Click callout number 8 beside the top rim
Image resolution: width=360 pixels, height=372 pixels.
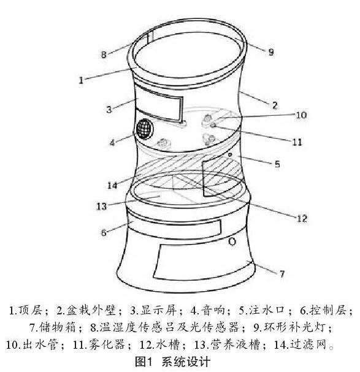pos(104,55)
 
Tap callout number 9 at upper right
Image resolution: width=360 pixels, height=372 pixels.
pos(271,52)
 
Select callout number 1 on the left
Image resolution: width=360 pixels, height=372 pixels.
pos(81,80)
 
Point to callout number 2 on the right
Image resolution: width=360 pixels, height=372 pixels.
pos(275,105)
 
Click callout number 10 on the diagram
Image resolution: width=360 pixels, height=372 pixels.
pos(301,115)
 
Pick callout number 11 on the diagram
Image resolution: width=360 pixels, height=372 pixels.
pos(297,142)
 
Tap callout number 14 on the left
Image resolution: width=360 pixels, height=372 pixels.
pos(112,185)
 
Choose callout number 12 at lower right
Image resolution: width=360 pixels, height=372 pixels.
pos(302,218)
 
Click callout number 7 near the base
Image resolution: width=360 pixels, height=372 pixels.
pos(281,274)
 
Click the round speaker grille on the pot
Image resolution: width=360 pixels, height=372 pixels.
pos(144,129)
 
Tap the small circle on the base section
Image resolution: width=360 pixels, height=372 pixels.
pos(232,241)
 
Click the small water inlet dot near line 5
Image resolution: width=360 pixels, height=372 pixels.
pos(229,154)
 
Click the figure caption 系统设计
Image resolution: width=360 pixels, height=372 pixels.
pos(186,362)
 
